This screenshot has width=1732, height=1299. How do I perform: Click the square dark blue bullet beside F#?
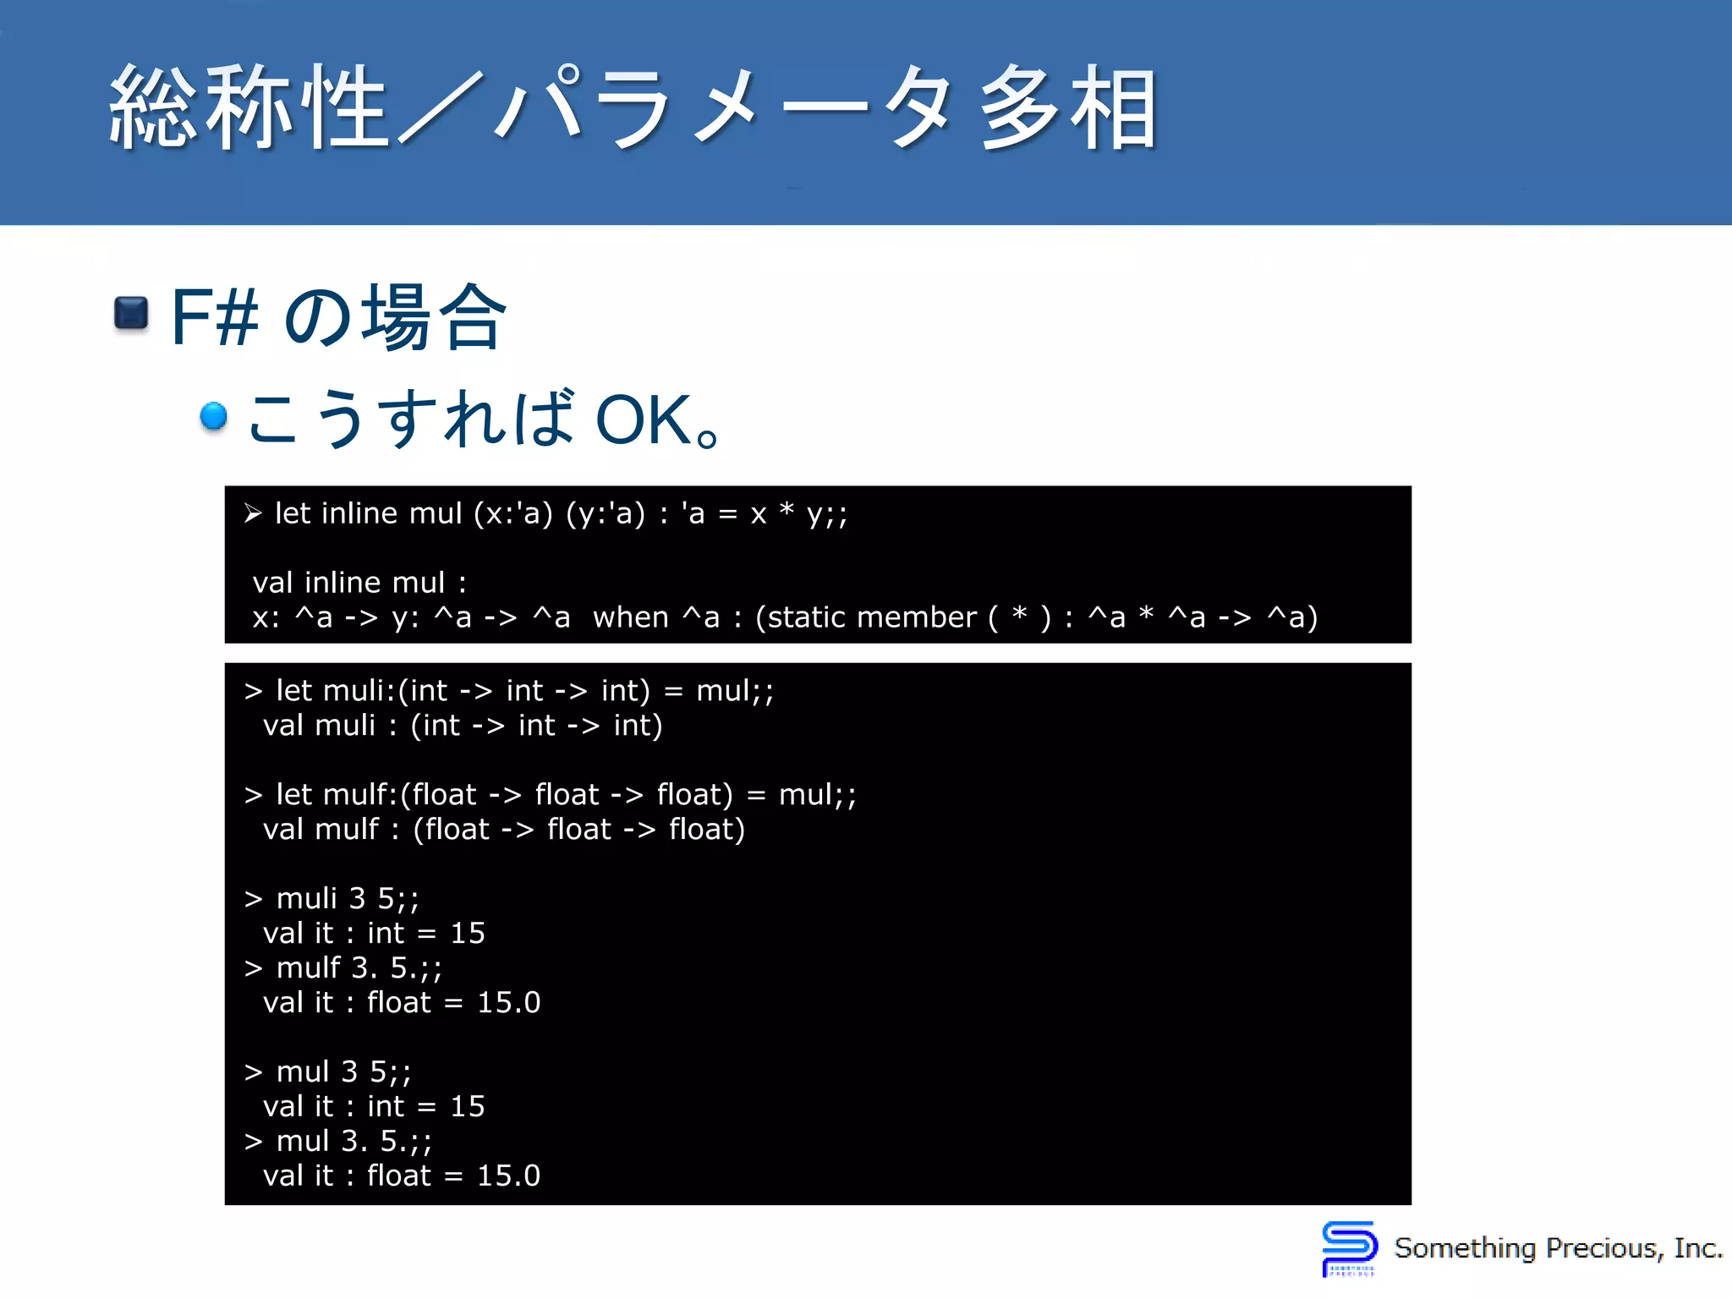tap(131, 315)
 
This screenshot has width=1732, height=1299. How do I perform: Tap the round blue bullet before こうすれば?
tap(214, 416)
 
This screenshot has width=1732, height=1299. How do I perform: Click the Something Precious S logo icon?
tap(1349, 1247)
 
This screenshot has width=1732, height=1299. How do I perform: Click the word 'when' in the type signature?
tap(631, 617)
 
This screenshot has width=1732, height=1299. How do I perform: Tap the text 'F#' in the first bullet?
tap(214, 317)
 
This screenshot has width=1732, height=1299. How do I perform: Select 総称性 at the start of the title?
tap(249, 108)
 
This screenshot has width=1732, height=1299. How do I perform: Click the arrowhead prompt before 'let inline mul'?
tap(252, 513)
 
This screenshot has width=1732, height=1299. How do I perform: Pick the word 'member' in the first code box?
tap(917, 617)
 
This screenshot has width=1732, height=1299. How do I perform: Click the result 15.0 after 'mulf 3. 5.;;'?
tap(508, 1003)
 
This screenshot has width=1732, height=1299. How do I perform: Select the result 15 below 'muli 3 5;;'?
tap(468, 934)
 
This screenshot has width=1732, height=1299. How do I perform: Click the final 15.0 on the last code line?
tap(508, 1176)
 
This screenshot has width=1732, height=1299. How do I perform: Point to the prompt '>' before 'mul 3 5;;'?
tap(253, 1072)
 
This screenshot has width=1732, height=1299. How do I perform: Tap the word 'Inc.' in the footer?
tap(1697, 1248)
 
